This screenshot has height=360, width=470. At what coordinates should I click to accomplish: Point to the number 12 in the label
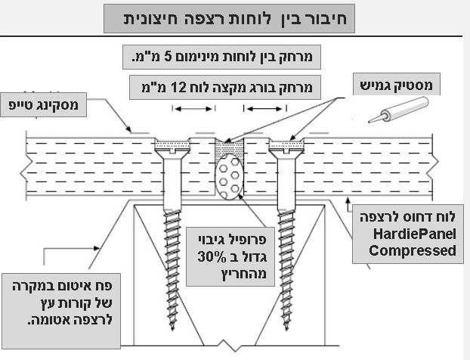(x=198, y=85)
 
